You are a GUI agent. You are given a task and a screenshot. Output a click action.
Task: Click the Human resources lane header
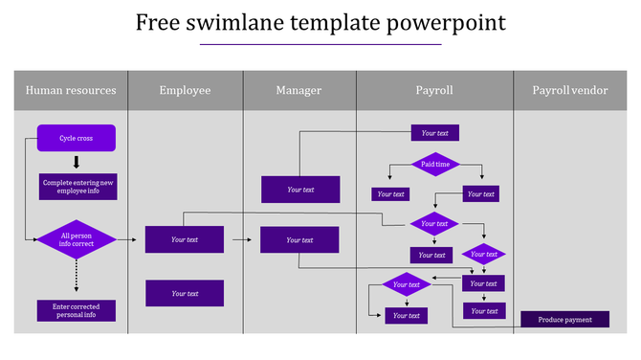coord(71,90)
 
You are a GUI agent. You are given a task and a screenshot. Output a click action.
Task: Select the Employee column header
coord(185,90)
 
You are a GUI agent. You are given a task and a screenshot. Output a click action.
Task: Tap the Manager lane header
coord(298,90)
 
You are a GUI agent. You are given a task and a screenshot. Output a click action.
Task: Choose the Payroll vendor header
coord(569,90)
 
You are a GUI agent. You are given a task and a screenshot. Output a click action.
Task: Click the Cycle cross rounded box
coord(77,138)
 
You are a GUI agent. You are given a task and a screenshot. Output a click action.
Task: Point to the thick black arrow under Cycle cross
coord(77,162)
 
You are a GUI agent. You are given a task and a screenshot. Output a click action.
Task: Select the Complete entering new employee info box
coord(78,187)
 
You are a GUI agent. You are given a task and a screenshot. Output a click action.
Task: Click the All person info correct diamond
coord(77,239)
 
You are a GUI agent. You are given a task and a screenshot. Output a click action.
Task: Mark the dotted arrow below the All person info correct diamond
coord(77,279)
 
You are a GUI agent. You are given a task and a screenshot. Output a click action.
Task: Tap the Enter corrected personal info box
coord(77,310)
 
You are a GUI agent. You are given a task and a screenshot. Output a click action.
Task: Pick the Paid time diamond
coord(435,165)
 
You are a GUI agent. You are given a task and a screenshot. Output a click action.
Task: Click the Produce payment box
coord(564,320)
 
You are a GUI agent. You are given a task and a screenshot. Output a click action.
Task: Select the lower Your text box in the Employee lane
coord(185,293)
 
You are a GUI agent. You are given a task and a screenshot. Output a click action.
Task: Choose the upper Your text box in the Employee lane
coord(185,239)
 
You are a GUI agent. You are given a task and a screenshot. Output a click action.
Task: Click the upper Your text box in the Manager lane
coord(300,190)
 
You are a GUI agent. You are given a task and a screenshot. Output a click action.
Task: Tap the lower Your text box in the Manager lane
coord(299,239)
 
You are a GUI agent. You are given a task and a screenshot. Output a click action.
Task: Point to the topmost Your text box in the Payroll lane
coord(434,133)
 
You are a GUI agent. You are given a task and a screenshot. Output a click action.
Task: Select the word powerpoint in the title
coord(450,22)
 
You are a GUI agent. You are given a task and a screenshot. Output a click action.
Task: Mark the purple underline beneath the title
coord(320,44)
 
